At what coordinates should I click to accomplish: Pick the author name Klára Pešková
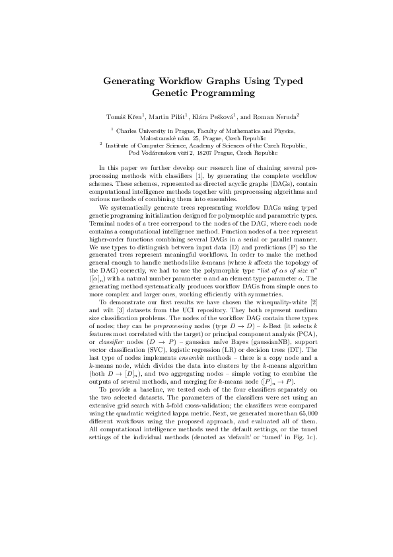pos(222,116)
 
